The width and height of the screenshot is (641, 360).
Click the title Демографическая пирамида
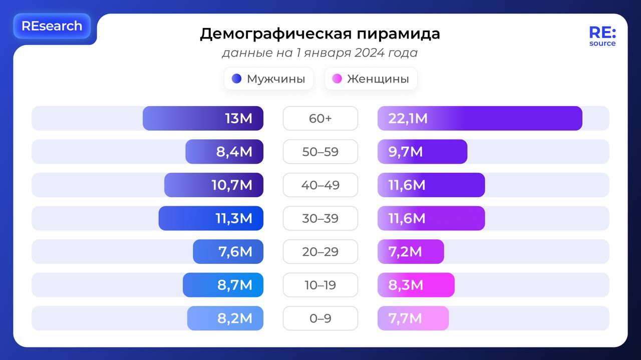pyautogui.click(x=319, y=34)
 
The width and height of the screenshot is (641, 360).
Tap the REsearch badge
pyautogui.click(x=52, y=26)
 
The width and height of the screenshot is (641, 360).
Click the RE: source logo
pyautogui.click(x=602, y=36)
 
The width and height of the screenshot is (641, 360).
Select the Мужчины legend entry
pyautogui.click(x=269, y=79)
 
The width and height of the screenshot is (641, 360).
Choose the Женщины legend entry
pyautogui.click(x=371, y=79)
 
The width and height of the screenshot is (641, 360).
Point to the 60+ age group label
pyautogui.click(x=320, y=119)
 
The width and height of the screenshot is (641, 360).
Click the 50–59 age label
pyautogui.click(x=320, y=152)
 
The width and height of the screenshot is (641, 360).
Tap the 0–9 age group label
pyautogui.click(x=320, y=318)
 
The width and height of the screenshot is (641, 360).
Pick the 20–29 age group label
pyautogui.click(x=320, y=252)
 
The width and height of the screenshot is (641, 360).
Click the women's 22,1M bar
pyautogui.click(x=480, y=119)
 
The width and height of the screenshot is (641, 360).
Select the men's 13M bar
pyautogui.click(x=203, y=119)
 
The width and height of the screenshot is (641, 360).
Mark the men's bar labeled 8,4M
pyautogui.click(x=224, y=152)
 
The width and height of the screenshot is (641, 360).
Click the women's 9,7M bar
pyautogui.click(x=422, y=152)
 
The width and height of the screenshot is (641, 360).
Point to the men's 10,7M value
pyautogui.click(x=232, y=185)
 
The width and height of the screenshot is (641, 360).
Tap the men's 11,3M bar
pyautogui.click(x=211, y=218)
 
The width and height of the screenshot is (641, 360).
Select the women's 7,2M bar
pyautogui.click(x=411, y=252)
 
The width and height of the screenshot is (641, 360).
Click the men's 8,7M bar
pyautogui.click(x=223, y=285)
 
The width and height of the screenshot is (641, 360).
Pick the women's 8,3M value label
pyautogui.click(x=406, y=285)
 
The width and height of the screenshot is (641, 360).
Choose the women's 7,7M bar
pyautogui.click(x=413, y=318)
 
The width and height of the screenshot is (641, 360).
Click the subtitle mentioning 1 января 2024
pyautogui.click(x=319, y=53)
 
